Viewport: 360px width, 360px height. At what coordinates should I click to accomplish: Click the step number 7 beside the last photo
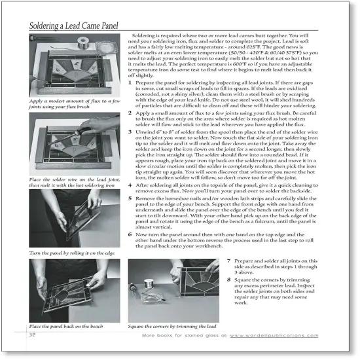(229, 259)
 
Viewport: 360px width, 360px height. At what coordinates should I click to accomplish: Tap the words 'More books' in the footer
(158, 334)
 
